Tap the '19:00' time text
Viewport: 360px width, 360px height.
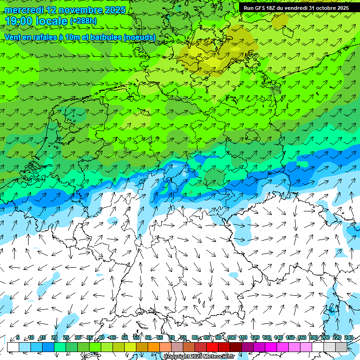18,21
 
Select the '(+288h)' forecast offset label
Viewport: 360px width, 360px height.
83,21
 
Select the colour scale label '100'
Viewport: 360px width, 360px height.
231,337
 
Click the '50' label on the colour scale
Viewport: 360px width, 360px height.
124,337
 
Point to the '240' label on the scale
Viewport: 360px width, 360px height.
348,337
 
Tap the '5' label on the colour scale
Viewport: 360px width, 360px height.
18,337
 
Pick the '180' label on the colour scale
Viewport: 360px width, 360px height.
313,337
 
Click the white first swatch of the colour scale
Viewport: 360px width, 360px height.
13,347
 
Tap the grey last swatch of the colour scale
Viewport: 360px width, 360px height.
341,347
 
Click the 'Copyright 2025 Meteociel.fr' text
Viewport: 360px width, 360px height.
199,356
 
